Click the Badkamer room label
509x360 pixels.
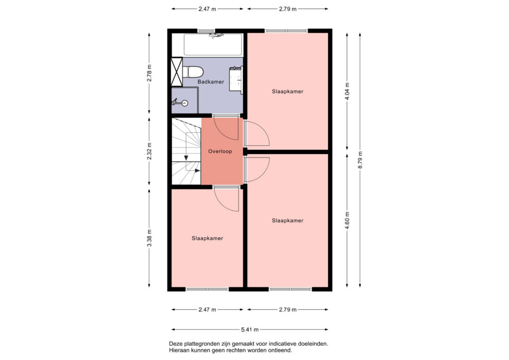click(x=211, y=82)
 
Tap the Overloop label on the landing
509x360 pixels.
click(x=220, y=151)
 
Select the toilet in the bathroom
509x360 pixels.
click(x=193, y=72)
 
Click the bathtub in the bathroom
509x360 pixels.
click(x=213, y=44)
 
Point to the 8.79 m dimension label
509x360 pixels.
click(x=360, y=160)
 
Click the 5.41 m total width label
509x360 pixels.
click(x=250, y=330)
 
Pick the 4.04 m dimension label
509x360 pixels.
click(x=347, y=92)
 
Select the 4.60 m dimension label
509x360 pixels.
click(x=347, y=220)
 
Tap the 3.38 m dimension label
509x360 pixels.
click(x=149, y=238)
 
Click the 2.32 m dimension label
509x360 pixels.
click(x=149, y=151)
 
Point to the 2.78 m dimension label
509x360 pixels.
click(x=149, y=74)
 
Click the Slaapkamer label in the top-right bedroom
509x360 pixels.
click(x=288, y=91)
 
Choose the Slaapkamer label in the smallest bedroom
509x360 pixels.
click(x=207, y=238)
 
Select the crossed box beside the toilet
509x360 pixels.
click(x=177, y=72)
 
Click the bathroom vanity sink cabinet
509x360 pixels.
click(x=236, y=80)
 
